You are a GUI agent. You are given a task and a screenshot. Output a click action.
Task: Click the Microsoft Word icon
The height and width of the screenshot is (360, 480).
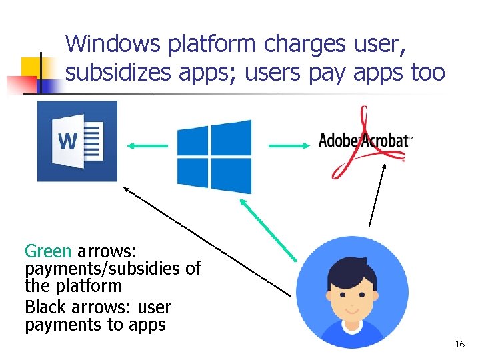point(77,141)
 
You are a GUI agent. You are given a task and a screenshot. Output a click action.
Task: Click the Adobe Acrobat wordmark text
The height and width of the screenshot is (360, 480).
point(365,140)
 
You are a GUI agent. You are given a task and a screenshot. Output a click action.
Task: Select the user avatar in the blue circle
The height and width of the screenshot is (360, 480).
point(352,291)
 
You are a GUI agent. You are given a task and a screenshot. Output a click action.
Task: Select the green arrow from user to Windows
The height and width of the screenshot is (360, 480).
point(268,231)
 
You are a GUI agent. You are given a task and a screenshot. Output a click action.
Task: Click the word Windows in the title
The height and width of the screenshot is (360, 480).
point(113,44)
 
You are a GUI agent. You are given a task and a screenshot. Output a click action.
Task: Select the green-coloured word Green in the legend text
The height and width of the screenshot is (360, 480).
point(48,251)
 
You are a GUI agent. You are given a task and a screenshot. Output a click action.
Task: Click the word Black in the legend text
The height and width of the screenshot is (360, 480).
point(45,307)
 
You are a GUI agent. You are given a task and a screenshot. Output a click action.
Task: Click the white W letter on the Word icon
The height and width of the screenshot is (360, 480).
point(68,141)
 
